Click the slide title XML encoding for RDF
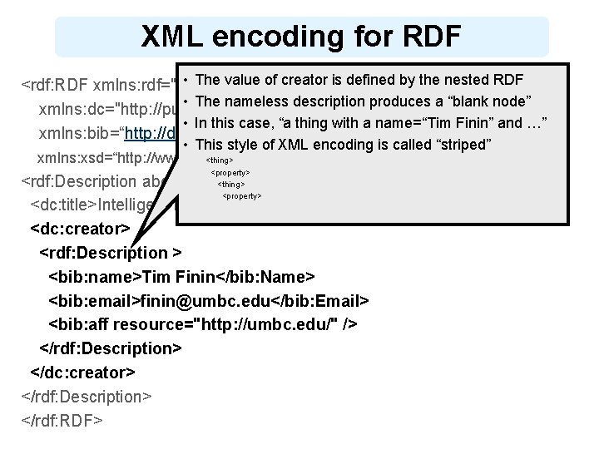point(300,37)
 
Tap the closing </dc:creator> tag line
point(82,372)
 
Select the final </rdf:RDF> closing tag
point(62,420)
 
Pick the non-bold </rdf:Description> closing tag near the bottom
point(86,396)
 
